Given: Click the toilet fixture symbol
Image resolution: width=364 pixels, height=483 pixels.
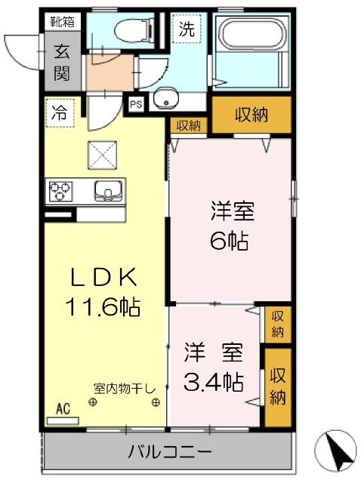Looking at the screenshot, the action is pyautogui.click(x=134, y=30).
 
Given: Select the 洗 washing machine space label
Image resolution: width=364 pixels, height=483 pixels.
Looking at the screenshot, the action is pyautogui.click(x=187, y=29).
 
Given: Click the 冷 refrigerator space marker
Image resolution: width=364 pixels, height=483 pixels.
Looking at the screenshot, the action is pyautogui.click(x=60, y=112).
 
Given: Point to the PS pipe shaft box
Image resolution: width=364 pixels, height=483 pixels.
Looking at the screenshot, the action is pyautogui.click(x=136, y=104).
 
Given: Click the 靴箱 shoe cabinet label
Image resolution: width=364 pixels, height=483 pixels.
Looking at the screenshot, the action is pyautogui.click(x=63, y=22).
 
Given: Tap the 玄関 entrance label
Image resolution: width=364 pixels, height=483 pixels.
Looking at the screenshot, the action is pyautogui.click(x=62, y=63).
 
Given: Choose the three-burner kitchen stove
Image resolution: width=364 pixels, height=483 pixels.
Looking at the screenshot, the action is pyautogui.click(x=60, y=191).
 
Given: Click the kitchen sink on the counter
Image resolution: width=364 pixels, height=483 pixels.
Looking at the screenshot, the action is pyautogui.click(x=109, y=191).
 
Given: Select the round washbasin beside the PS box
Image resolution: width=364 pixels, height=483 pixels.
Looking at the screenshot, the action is pyautogui.click(x=166, y=98).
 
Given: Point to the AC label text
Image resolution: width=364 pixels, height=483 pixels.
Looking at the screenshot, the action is pyautogui.click(x=63, y=409).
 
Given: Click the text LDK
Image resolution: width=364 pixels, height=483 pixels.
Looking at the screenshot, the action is pyautogui.click(x=103, y=277).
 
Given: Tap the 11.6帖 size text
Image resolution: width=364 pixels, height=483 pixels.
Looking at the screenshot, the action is pyautogui.click(x=103, y=306).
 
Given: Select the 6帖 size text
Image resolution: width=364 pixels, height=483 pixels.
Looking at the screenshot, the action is pyautogui.click(x=230, y=241).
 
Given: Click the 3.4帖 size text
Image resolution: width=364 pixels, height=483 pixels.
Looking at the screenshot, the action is pyautogui.click(x=214, y=382).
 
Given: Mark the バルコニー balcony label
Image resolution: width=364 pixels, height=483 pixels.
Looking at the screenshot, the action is pyautogui.click(x=170, y=452).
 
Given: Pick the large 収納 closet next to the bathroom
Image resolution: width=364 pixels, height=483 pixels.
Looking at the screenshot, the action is pyautogui.click(x=251, y=115).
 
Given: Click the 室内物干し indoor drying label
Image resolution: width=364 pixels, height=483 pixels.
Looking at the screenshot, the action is pyautogui.click(x=125, y=389).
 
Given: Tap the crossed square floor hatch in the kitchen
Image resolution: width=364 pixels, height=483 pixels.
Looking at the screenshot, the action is pyautogui.click(x=103, y=155).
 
